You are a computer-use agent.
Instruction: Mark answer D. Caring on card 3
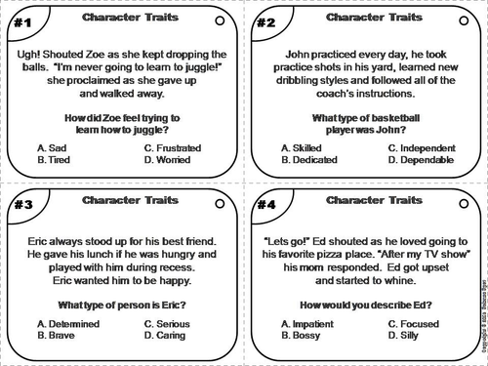click(x=164, y=336)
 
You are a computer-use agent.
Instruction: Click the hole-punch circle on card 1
click(x=218, y=19)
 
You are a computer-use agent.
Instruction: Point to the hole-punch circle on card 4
click(x=465, y=200)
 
